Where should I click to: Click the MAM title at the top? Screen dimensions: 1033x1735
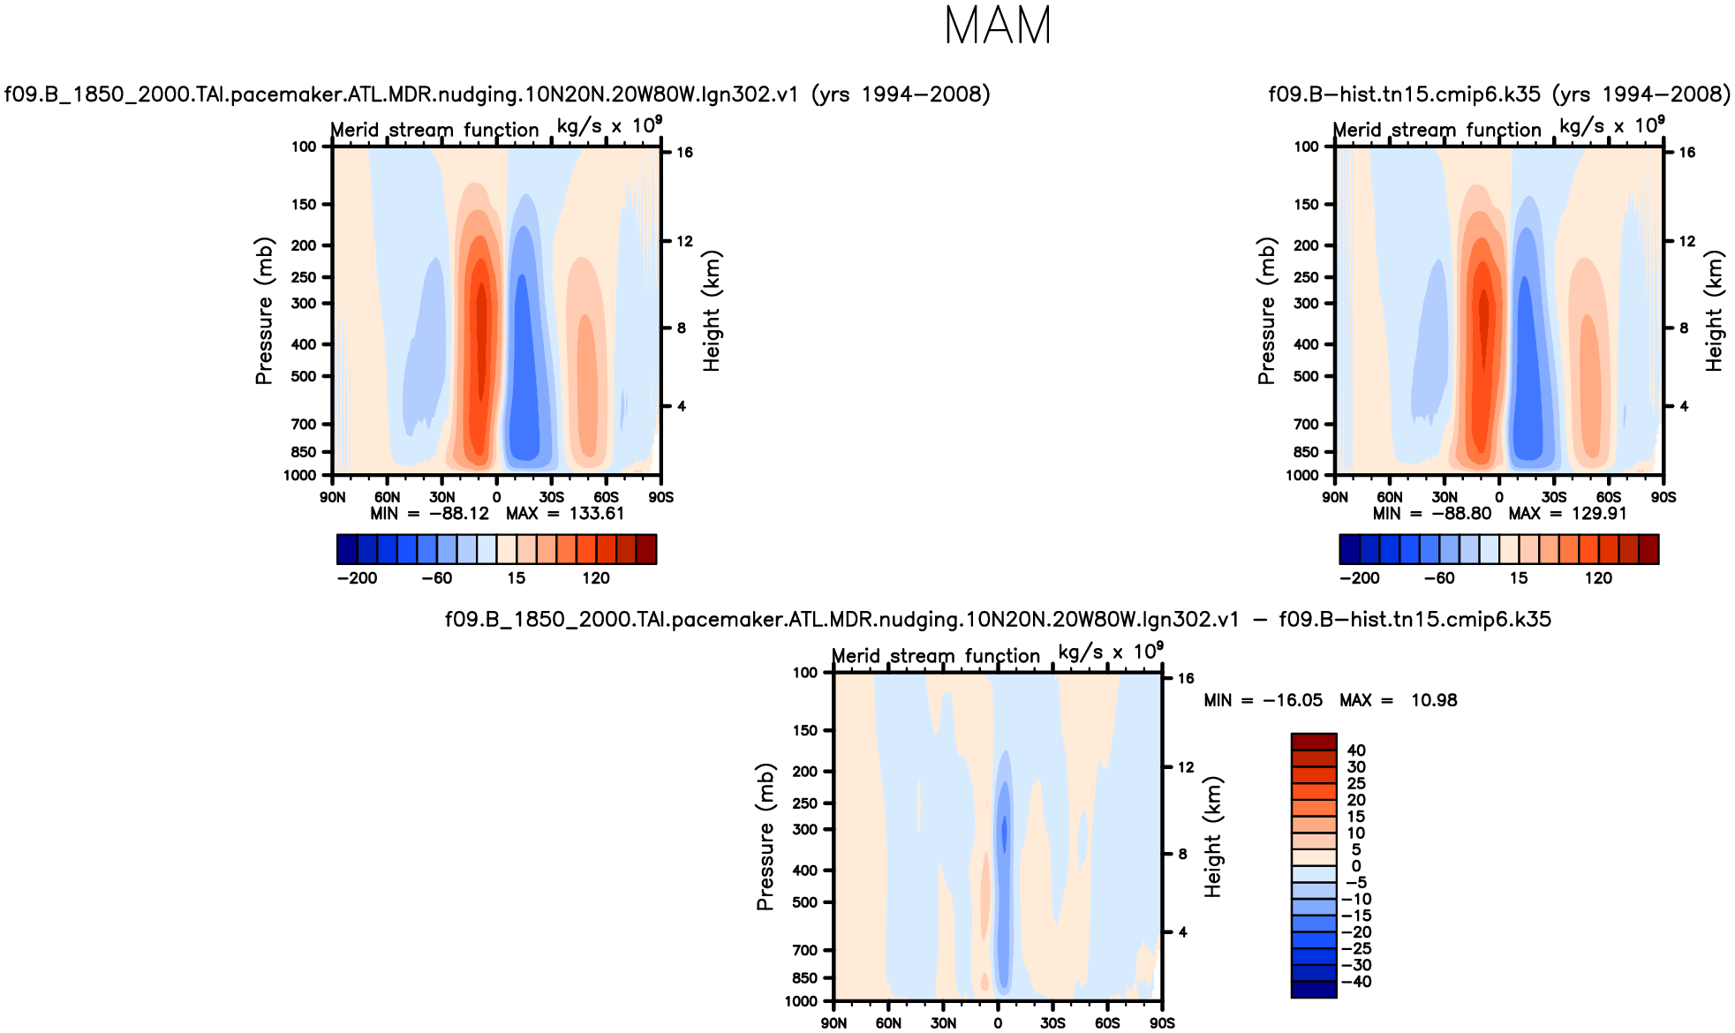[x=998, y=26]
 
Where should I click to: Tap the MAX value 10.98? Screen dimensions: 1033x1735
[x=1434, y=700]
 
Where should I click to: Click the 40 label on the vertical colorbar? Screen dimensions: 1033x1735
[x=1356, y=750]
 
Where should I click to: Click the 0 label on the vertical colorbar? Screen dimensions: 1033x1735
[x=1356, y=866]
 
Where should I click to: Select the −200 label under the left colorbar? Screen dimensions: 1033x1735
[x=357, y=578]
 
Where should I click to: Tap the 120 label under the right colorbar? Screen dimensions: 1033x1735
[x=1598, y=578]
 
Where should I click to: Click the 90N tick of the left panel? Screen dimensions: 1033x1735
[x=333, y=497]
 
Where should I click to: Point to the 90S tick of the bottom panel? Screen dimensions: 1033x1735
[x=1162, y=1023]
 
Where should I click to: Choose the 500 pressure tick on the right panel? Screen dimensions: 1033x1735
[x=1306, y=376]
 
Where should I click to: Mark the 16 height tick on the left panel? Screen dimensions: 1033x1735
[x=685, y=153]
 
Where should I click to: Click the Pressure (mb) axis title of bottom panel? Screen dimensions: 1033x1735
[x=765, y=837]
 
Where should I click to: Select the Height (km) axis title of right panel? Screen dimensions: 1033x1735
[x=1714, y=311]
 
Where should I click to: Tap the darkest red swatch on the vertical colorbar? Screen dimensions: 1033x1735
[x=1314, y=742]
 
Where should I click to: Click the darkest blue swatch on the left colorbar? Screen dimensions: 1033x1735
[x=347, y=549]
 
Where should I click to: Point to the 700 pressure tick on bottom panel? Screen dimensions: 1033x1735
[x=804, y=950]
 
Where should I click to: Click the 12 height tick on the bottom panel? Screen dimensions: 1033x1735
[x=1186, y=767]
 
